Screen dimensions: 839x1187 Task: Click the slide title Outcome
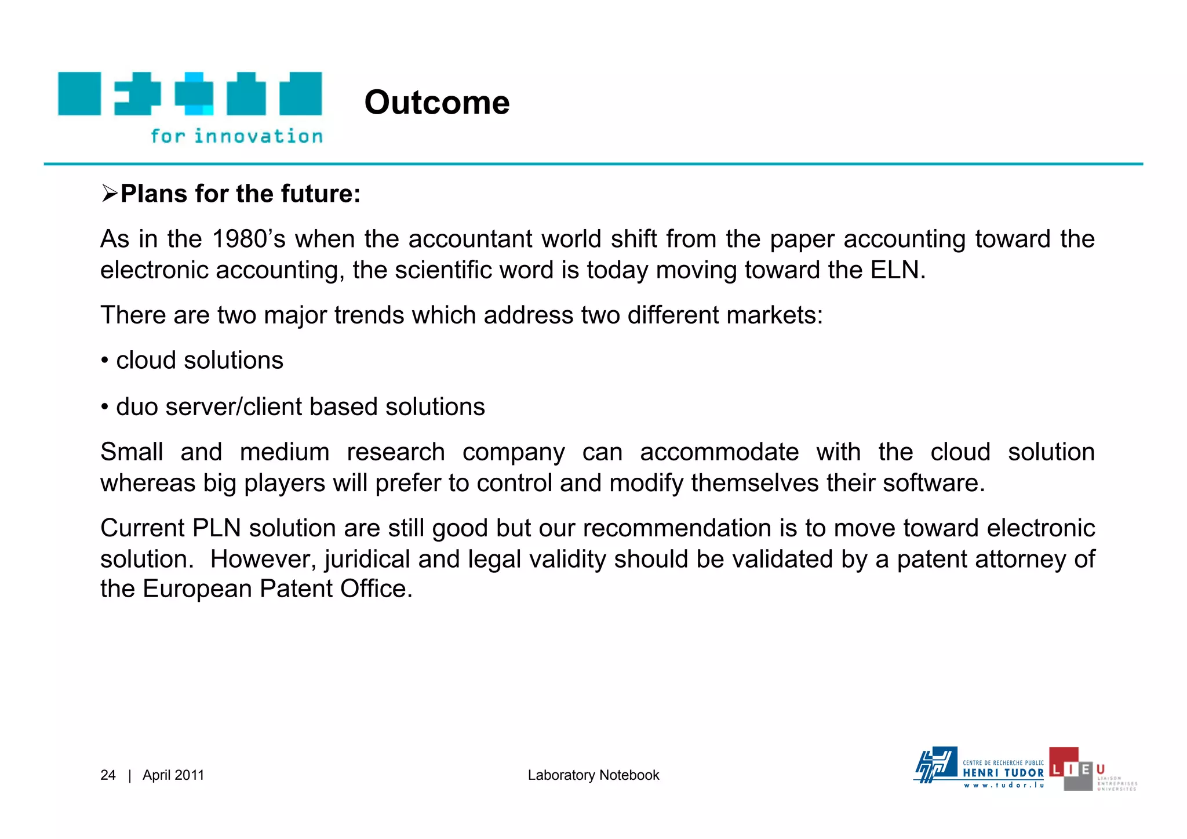pos(437,103)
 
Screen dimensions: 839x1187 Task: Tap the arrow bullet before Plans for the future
pos(109,193)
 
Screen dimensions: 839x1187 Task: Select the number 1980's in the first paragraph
pos(249,239)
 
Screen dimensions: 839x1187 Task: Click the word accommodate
pos(719,452)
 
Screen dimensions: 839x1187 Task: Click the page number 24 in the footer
pos(108,775)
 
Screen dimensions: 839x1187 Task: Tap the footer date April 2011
pos(173,775)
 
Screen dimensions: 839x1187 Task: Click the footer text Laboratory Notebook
pos(593,775)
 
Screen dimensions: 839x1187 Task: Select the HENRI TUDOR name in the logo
pos(1003,773)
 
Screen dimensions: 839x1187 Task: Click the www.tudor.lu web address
pos(1003,786)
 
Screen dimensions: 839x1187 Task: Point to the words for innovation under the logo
pos(236,137)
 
